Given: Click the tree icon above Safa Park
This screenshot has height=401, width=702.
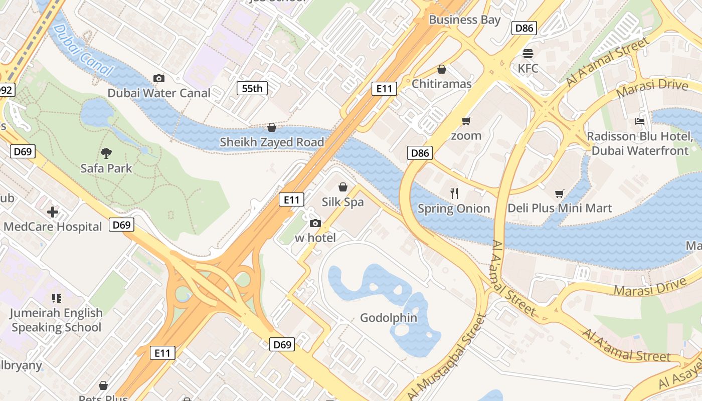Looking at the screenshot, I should point(106,153).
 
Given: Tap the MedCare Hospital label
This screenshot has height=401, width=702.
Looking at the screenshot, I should point(53,227).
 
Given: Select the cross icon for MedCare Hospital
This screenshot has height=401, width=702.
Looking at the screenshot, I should point(53,212).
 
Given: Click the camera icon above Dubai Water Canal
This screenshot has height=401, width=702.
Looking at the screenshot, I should point(159,78).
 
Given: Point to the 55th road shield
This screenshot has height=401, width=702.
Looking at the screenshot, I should point(252,89).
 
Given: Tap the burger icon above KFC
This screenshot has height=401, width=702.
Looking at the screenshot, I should point(528,53).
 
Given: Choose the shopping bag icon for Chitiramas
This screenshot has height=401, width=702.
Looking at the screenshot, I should point(442,69).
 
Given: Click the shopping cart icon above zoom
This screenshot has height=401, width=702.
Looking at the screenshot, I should point(466,121).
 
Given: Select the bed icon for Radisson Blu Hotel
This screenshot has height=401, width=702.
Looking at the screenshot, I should point(639,121).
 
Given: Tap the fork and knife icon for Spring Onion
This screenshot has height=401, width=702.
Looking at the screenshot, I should point(454,193).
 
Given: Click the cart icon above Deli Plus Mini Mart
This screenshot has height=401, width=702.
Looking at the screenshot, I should point(560,193).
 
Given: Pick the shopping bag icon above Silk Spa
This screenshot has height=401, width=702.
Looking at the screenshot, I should point(343,187).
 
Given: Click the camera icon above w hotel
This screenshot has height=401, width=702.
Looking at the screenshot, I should point(315,223).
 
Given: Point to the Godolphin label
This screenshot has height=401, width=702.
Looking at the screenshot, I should point(389,317).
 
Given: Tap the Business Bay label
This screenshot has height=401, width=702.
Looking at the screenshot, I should point(465,20).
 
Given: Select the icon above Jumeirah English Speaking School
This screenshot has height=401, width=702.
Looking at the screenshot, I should point(56,298).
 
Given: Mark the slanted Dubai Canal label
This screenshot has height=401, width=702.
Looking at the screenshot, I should point(82,50).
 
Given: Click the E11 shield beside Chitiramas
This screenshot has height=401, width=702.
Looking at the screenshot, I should point(384,89).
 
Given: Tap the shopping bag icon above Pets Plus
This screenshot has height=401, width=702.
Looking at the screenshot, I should point(103,385).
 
